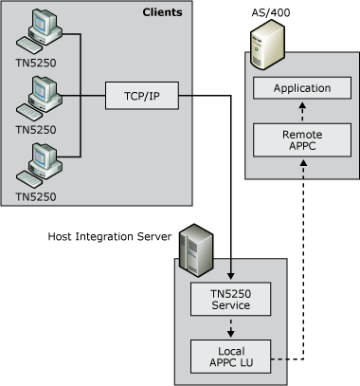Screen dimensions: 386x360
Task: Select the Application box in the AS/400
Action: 301,89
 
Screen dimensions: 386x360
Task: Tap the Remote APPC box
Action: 301,139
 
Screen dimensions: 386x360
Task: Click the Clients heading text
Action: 162,12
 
